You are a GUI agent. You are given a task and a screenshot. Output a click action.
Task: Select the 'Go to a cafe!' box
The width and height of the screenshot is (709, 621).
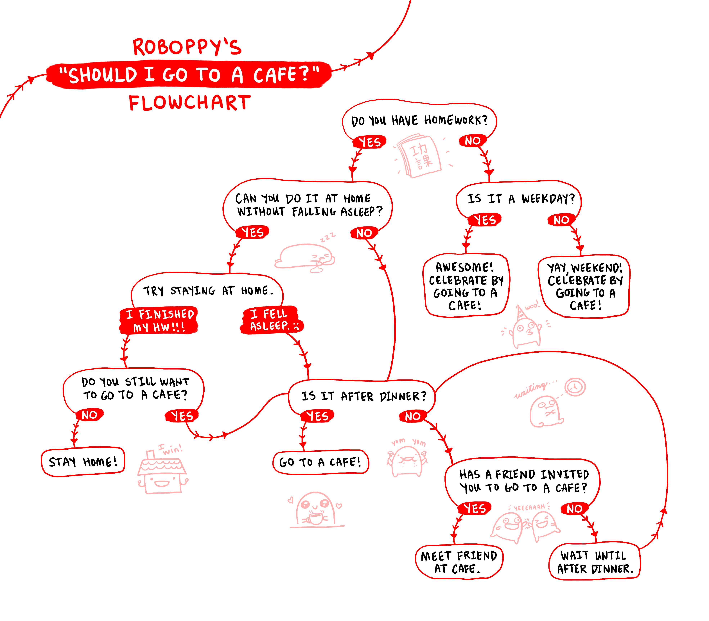click(x=321, y=462)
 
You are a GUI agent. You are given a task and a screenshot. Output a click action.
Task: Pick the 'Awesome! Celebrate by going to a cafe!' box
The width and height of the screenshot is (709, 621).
click(x=466, y=285)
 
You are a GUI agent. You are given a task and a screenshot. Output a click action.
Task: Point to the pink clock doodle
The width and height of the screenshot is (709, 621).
click(x=575, y=387)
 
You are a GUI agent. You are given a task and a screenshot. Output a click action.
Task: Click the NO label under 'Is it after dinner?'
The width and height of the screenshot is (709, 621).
click(x=412, y=416)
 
